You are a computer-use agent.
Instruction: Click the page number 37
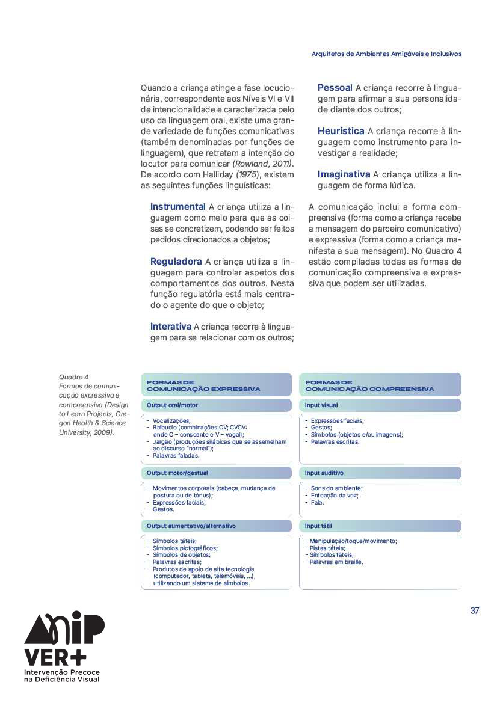point(475,610)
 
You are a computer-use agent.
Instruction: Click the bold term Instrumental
point(177,207)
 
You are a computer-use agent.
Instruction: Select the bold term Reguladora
point(176,262)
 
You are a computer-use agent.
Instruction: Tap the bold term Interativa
point(170,326)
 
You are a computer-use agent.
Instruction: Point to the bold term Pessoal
point(335,88)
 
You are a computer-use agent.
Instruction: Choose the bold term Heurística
point(341,130)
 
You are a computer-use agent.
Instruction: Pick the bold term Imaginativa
point(344,174)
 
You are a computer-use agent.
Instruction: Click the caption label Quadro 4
point(73,377)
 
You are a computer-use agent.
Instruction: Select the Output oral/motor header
point(172,405)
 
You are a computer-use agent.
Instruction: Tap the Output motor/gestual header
point(177,473)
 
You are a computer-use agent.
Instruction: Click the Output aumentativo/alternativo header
point(191,526)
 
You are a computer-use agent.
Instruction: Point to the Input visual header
point(321,405)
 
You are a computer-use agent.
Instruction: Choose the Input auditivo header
point(324,473)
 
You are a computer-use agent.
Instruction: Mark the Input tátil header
point(318,526)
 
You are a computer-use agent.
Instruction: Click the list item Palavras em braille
point(336,562)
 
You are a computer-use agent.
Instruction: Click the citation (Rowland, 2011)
point(263,164)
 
